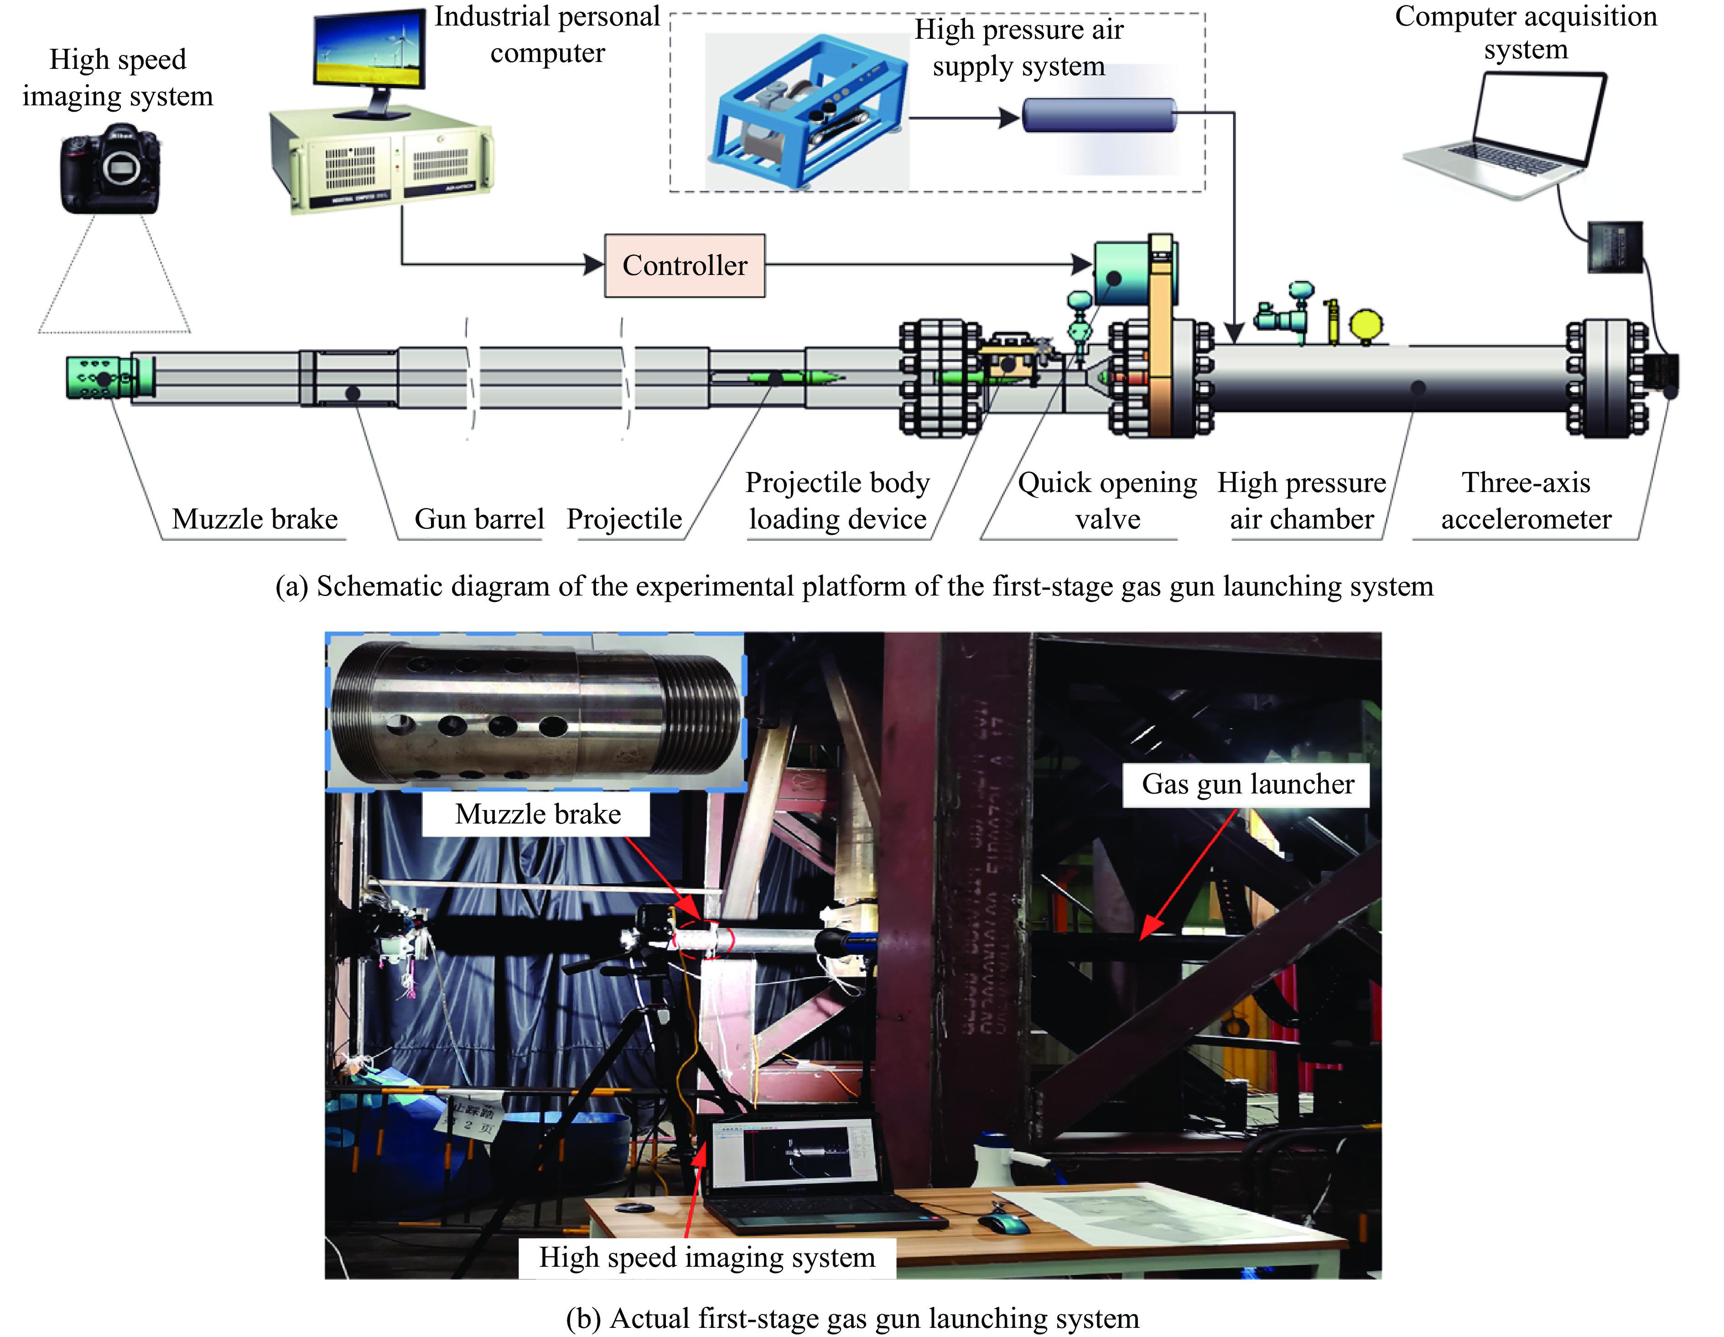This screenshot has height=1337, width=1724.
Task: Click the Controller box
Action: pyautogui.click(x=685, y=265)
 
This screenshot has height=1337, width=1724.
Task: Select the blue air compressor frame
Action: pyautogui.click(x=805, y=110)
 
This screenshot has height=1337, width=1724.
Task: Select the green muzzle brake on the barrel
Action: pyautogui.click(x=103, y=378)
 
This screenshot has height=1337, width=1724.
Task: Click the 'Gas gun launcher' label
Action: pyautogui.click(x=1247, y=784)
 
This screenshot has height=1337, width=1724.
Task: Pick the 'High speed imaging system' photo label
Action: pyautogui.click(x=706, y=1256)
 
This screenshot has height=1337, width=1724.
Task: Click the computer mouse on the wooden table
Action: pyautogui.click(x=1004, y=1223)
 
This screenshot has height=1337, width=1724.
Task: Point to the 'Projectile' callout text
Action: pyautogui.click(x=623, y=518)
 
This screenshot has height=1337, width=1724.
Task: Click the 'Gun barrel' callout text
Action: pyautogui.click(x=479, y=518)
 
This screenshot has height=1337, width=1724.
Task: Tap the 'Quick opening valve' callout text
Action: pyautogui.click(x=1107, y=500)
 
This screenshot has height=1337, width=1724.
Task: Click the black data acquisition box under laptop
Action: pyautogui.click(x=1614, y=247)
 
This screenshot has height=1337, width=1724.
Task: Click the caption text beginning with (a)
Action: pyautogui.click(x=854, y=586)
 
